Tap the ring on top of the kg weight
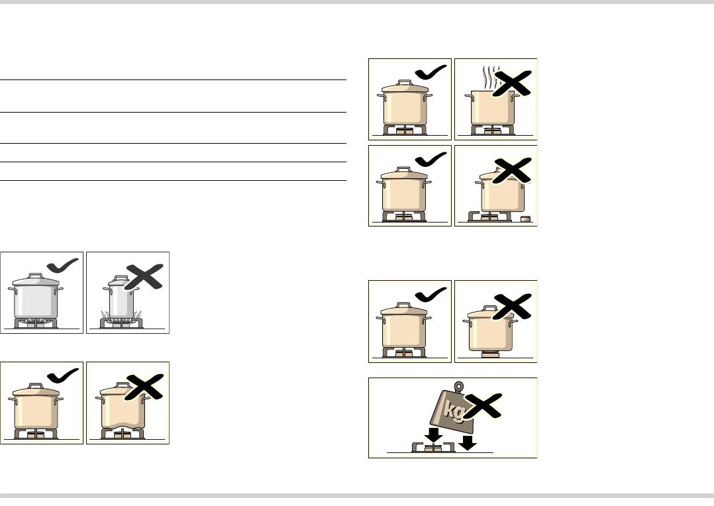click(459, 387)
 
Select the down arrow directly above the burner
click(435, 435)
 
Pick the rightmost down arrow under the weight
click(468, 442)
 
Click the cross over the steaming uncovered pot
click(512, 83)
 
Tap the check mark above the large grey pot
click(63, 265)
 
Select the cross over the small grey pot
click(144, 276)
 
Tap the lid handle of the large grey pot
click(35, 276)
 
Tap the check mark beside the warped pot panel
click(63, 376)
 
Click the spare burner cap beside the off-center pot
click(525, 219)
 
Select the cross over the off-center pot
click(512, 170)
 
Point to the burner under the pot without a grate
click(490, 355)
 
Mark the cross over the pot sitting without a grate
click(512, 306)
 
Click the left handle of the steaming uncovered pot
click(468, 97)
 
